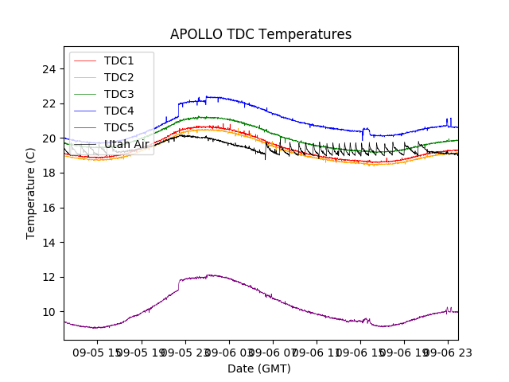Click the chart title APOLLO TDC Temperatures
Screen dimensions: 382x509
click(x=260, y=35)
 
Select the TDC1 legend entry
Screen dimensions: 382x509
click(x=119, y=60)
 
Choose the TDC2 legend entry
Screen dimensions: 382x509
click(x=119, y=77)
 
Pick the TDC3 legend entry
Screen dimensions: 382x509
click(x=119, y=94)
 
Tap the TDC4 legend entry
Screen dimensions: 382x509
click(x=119, y=111)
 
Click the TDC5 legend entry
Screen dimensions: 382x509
click(x=119, y=127)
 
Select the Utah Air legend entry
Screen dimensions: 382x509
click(x=126, y=144)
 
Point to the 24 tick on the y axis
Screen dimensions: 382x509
click(x=49, y=68)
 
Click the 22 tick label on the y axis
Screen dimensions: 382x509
click(x=49, y=103)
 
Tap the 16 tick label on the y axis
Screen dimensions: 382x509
click(x=49, y=208)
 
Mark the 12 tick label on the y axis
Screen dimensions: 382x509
click(x=49, y=277)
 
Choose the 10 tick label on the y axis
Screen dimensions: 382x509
click(x=49, y=312)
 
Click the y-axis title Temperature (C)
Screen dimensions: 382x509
click(x=30, y=193)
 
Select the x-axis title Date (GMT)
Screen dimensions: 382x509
click(x=259, y=368)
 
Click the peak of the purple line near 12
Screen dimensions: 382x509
click(x=210, y=275)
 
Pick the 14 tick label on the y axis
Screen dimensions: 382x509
click(x=49, y=242)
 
